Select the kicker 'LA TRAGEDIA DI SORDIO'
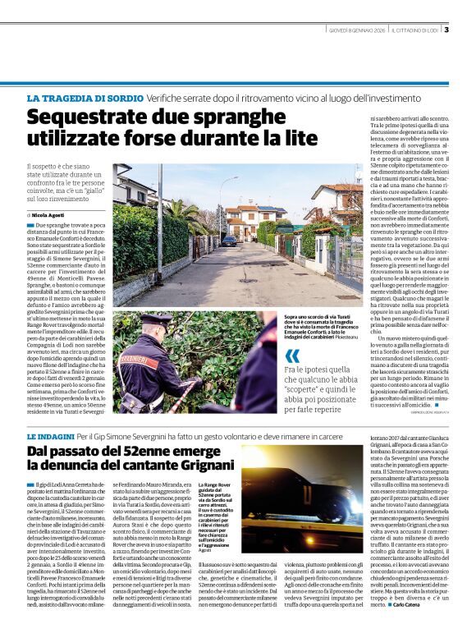coord(75,99)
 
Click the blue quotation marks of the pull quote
coord(292,356)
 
